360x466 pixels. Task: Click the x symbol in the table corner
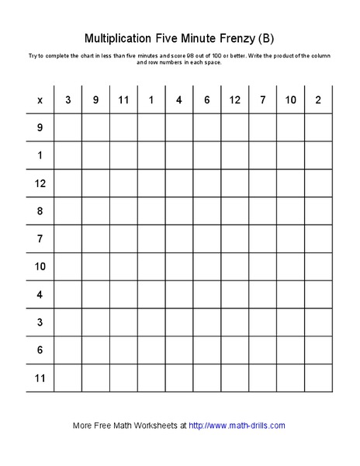click(x=40, y=100)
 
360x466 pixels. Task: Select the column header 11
click(x=123, y=100)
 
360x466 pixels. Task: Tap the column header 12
click(x=234, y=100)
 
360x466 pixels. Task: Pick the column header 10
click(x=290, y=100)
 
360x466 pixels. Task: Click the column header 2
click(x=318, y=100)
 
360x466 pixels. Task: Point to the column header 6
click(x=206, y=100)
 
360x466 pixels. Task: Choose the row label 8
click(x=40, y=210)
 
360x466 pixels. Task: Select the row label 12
click(x=40, y=183)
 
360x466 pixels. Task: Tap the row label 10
click(x=40, y=266)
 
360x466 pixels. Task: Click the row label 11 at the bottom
click(x=40, y=378)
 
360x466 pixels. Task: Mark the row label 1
click(x=40, y=155)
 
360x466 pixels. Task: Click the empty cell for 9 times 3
click(x=67, y=127)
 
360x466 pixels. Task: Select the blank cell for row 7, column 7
click(x=262, y=238)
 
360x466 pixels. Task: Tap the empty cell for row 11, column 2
click(x=318, y=378)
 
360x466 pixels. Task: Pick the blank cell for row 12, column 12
click(x=234, y=183)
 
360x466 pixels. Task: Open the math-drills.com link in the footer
click(x=237, y=425)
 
